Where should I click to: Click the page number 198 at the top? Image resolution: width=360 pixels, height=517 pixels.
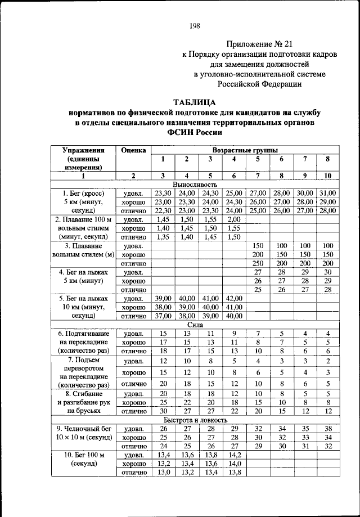coord(195,25)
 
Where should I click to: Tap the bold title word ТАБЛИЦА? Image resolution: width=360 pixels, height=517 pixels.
coord(195,102)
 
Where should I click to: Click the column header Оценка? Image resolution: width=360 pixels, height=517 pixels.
coord(133,150)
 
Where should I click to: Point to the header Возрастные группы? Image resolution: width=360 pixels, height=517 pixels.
coord(244,150)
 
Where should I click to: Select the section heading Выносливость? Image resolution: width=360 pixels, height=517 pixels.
coord(195,184)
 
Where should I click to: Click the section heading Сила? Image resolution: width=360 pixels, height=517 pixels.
coord(195,325)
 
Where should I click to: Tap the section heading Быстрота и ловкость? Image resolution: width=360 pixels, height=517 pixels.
coord(195,420)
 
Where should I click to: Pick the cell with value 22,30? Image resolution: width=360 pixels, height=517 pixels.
coord(162,210)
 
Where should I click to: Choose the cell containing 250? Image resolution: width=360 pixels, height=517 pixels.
coord(258,263)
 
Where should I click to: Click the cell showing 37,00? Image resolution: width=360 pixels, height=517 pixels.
coord(162,316)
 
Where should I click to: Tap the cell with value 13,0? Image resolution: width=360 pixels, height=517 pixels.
coord(162,473)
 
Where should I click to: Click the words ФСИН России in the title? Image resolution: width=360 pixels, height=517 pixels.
coord(195,133)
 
